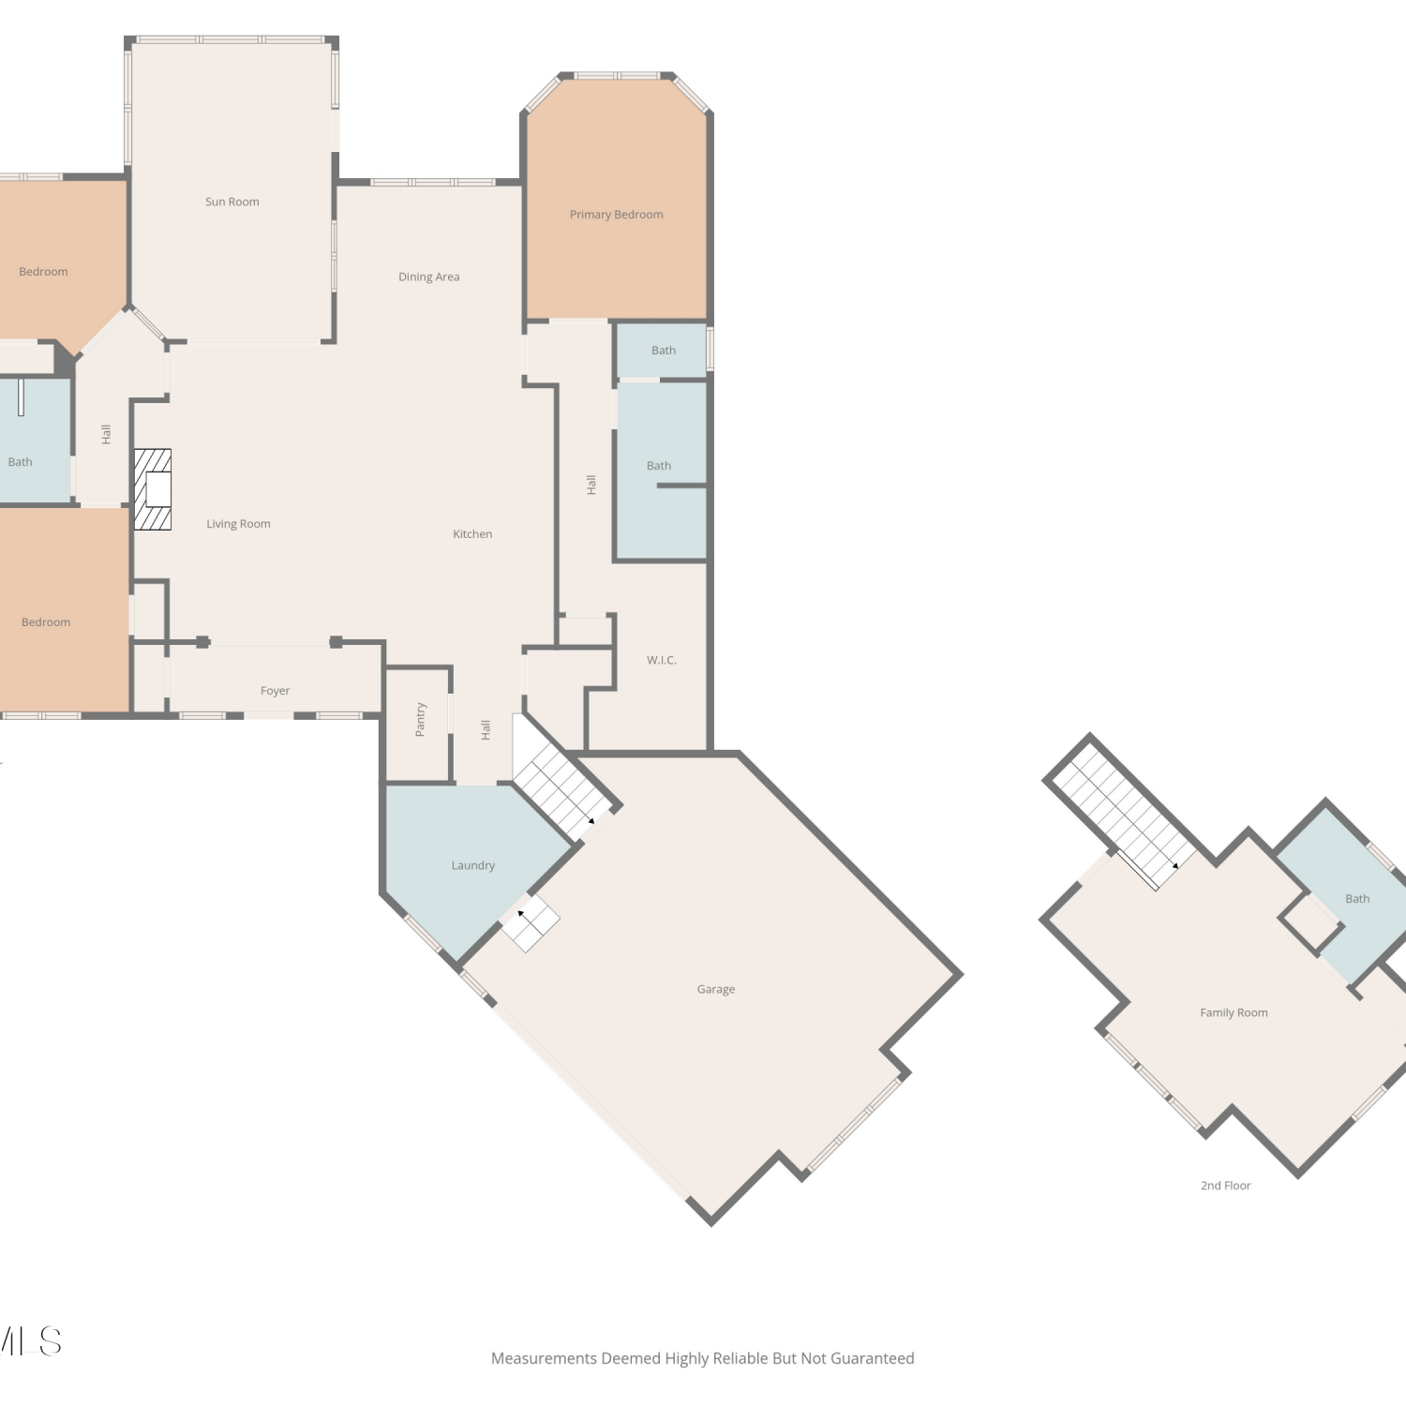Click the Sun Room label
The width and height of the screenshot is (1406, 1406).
(232, 202)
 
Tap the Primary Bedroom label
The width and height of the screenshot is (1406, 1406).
(616, 215)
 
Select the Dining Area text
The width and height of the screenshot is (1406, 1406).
(428, 277)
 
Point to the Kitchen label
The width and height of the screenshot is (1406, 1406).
(472, 533)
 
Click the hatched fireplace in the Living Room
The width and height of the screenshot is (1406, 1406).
(153, 489)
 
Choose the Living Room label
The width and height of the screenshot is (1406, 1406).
(238, 524)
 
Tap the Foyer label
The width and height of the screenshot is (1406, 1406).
(275, 691)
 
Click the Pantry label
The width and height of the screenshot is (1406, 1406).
(420, 719)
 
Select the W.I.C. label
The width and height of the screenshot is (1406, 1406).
(661, 660)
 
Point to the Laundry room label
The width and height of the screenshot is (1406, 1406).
(472, 865)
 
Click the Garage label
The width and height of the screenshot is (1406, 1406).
(715, 989)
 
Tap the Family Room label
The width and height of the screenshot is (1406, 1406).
(1234, 1012)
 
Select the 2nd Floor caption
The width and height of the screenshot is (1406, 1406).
(1225, 1186)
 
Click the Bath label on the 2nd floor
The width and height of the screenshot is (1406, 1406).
(1357, 899)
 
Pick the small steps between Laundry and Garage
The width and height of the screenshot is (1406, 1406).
(530, 921)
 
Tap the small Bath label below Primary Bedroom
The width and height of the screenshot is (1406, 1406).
(663, 351)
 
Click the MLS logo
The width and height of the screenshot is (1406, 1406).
(30, 1341)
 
